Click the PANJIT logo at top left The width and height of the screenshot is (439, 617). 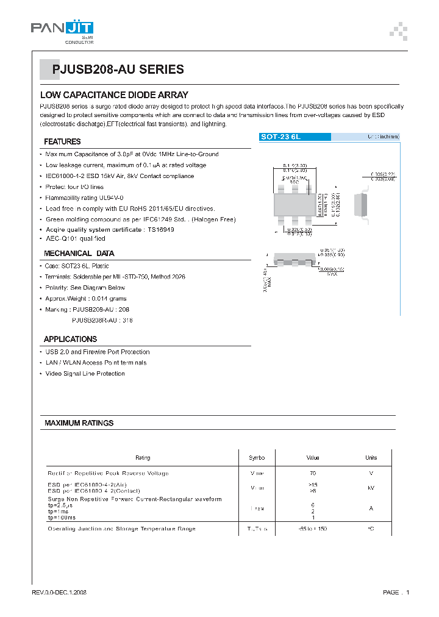(x=62, y=29)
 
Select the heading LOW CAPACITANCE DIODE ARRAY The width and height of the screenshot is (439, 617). (x=114, y=95)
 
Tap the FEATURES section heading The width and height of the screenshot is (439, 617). (x=62, y=141)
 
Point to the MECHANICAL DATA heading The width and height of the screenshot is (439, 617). (x=79, y=253)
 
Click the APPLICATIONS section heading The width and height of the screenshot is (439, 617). (x=70, y=339)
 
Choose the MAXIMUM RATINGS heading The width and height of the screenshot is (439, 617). (x=79, y=423)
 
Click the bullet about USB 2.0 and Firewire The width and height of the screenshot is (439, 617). (x=97, y=352)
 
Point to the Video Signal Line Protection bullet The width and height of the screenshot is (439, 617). (x=85, y=374)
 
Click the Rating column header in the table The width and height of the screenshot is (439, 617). (x=142, y=458)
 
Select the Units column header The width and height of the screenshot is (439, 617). (x=371, y=458)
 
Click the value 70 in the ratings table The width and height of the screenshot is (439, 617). (x=313, y=473)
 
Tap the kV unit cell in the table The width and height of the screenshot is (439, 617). (x=371, y=488)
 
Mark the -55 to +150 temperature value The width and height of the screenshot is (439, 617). (x=313, y=529)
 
